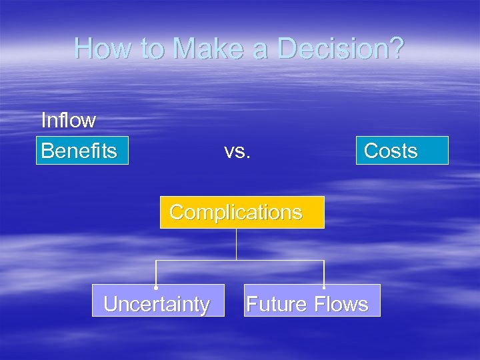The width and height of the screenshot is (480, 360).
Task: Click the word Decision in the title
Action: pyautogui.click(x=341, y=49)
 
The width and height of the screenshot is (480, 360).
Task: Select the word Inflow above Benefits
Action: pyautogui.click(x=68, y=121)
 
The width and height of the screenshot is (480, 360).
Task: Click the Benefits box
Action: pyautogui.click(x=82, y=151)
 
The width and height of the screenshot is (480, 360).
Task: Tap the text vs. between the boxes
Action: pyautogui.click(x=237, y=151)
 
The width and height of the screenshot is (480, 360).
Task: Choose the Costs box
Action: pyautogui.click(x=402, y=151)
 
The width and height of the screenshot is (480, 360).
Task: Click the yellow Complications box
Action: pyautogui.click(x=242, y=213)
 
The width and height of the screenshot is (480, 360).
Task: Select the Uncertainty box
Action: pyautogui.click(x=158, y=304)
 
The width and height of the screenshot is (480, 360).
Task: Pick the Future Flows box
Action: pyautogui.click(x=312, y=304)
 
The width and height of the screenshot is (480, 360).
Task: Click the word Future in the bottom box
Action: pyautogui.click(x=277, y=304)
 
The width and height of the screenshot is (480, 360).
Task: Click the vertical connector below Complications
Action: pyautogui.click(x=237, y=244)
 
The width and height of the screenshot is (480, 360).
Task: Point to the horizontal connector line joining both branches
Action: pyautogui.click(x=200, y=261)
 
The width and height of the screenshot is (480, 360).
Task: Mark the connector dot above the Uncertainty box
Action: pyautogui.click(x=156, y=287)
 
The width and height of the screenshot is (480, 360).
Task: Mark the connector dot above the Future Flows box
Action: pyautogui.click(x=324, y=287)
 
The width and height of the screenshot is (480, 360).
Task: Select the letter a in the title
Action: pyautogui.click(x=263, y=49)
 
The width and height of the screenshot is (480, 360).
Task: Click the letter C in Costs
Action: pyautogui.click(x=371, y=151)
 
